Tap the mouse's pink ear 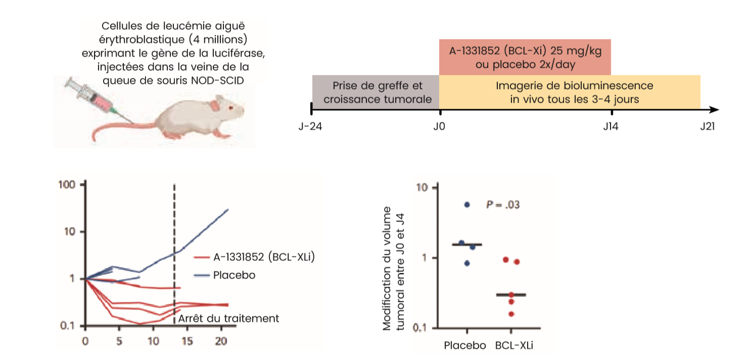[215, 105]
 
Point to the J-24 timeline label [310, 126]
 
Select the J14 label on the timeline [611, 126]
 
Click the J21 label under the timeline [707, 126]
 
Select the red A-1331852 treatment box [525, 57]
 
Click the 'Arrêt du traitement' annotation [228, 318]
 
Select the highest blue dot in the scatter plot [467, 204]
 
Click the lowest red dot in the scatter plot [512, 314]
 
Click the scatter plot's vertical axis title [394, 268]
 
